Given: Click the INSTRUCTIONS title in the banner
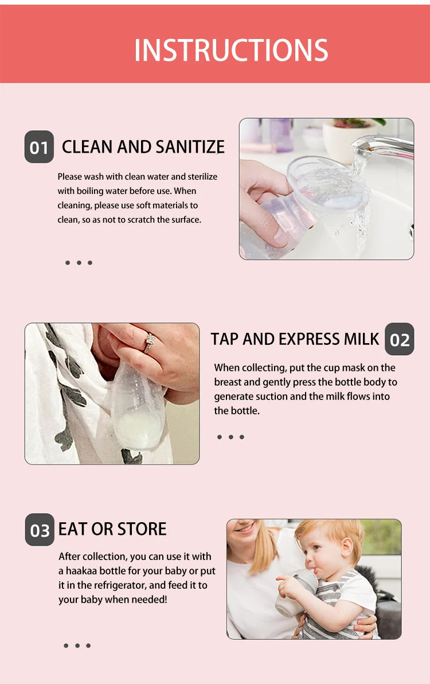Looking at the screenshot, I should tap(231, 50).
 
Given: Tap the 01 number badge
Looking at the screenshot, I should tap(39, 147).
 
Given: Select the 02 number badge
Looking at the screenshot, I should tap(400, 340).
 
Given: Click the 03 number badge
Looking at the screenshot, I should tap(40, 530).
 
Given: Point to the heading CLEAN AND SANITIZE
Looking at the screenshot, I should tap(143, 147).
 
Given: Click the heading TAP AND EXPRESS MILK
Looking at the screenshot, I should tap(295, 339).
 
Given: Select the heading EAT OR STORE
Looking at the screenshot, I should tap(112, 528).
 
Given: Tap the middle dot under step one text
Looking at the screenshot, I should tap(79, 263).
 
